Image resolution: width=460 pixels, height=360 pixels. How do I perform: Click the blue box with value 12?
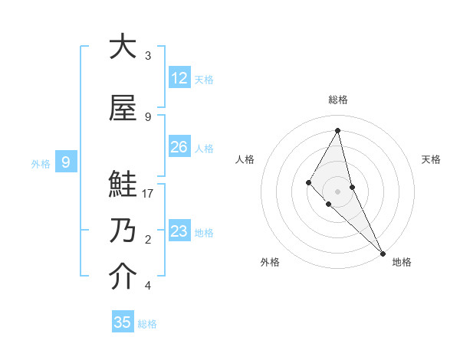coord(179,78)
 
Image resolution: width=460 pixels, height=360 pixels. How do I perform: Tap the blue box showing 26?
coord(179,147)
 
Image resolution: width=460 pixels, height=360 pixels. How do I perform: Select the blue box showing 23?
coord(179,231)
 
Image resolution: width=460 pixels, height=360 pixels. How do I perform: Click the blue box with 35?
coord(123,322)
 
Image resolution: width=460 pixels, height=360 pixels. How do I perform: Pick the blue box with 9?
coord(66,162)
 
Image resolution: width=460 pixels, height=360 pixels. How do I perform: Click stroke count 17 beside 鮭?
coord(148,194)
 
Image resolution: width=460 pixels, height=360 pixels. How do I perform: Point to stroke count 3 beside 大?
coord(148,56)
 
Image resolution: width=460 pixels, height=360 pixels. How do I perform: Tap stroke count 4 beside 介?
coord(148,286)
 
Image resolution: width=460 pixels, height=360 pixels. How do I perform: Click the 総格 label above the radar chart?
coord(338,100)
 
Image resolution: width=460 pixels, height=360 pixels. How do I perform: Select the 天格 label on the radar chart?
coord(431,159)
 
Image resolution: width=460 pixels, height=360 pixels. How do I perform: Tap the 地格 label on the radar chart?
coord(402,263)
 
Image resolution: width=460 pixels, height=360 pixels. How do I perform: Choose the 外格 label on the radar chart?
coord(270,263)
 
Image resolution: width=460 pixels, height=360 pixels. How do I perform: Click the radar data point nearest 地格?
coord(383,252)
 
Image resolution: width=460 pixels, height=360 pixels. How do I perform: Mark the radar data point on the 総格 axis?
coord(338,130)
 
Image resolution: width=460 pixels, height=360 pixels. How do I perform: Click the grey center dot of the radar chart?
coord(338,191)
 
